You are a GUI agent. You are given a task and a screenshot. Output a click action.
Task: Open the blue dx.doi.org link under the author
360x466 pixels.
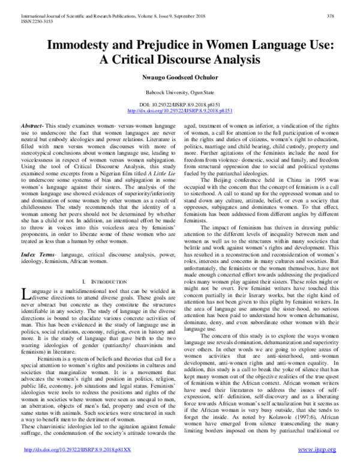pos(179,111)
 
